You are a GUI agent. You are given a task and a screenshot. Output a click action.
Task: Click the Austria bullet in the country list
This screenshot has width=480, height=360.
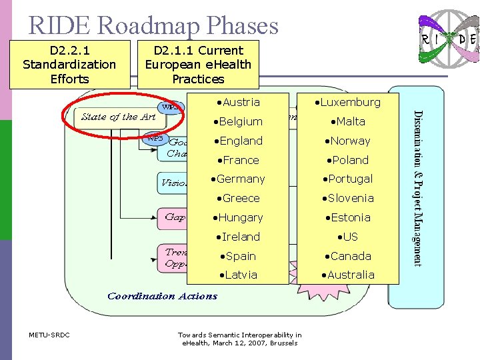238,103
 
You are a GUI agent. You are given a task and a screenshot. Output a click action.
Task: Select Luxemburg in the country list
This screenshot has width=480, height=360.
347,103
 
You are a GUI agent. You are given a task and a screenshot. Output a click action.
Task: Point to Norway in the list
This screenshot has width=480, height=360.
347,141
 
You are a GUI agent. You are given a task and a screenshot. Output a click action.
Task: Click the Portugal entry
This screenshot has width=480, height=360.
347,179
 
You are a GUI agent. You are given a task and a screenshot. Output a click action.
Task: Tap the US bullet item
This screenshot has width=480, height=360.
347,237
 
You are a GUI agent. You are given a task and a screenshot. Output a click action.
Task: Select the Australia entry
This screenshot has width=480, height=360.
347,275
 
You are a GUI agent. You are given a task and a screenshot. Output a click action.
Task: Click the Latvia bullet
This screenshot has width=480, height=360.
238,275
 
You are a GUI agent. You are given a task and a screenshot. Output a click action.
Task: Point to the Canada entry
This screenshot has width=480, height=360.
347,257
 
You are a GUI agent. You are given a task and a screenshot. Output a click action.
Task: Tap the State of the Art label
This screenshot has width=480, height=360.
119,117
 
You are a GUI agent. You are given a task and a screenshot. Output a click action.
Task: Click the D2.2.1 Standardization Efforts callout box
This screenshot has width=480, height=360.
69,65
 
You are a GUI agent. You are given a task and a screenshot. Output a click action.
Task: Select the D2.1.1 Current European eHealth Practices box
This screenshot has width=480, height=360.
198,65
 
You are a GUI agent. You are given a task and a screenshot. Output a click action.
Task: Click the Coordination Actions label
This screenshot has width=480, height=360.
162,297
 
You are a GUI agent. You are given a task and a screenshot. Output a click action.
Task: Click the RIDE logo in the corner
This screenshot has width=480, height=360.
447,39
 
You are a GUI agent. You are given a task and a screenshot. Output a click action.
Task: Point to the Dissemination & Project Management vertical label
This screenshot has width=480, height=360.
417,187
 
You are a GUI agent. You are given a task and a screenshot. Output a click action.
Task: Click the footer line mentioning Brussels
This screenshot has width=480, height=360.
239,343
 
